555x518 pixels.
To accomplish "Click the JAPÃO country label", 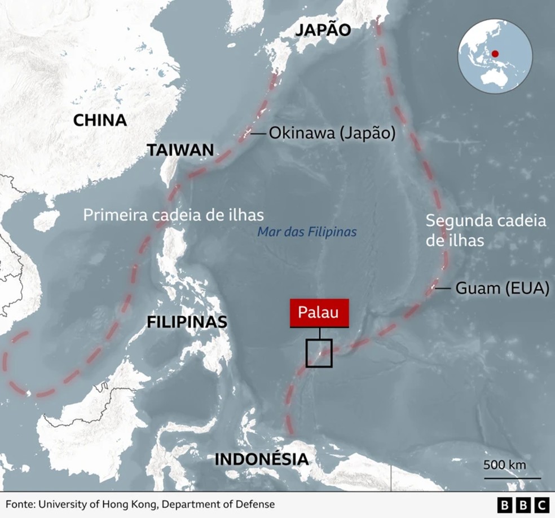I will pyautogui.click(x=323, y=30).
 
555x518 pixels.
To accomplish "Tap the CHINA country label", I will pyautogui.click(x=100, y=120).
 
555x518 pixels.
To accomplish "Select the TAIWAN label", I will pyautogui.click(x=180, y=150).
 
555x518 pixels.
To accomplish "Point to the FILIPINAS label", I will pyautogui.click(x=187, y=322).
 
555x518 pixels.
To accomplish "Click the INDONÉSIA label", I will pyautogui.click(x=262, y=459).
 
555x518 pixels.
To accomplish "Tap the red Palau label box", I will pyautogui.click(x=319, y=312).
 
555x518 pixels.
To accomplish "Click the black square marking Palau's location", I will pyautogui.click(x=319, y=354).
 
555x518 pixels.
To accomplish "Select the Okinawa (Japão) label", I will pyautogui.click(x=332, y=134).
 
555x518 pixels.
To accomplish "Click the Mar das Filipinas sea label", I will pyautogui.click(x=307, y=232).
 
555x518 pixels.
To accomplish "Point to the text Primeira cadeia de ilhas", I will pyautogui.click(x=174, y=215).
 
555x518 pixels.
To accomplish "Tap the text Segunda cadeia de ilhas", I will pyautogui.click(x=486, y=230).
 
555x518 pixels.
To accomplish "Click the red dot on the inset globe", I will pyautogui.click(x=495, y=54).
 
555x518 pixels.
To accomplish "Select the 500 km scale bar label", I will pyautogui.click(x=505, y=465).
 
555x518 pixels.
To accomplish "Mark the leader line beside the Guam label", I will pyautogui.click(x=443, y=288).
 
